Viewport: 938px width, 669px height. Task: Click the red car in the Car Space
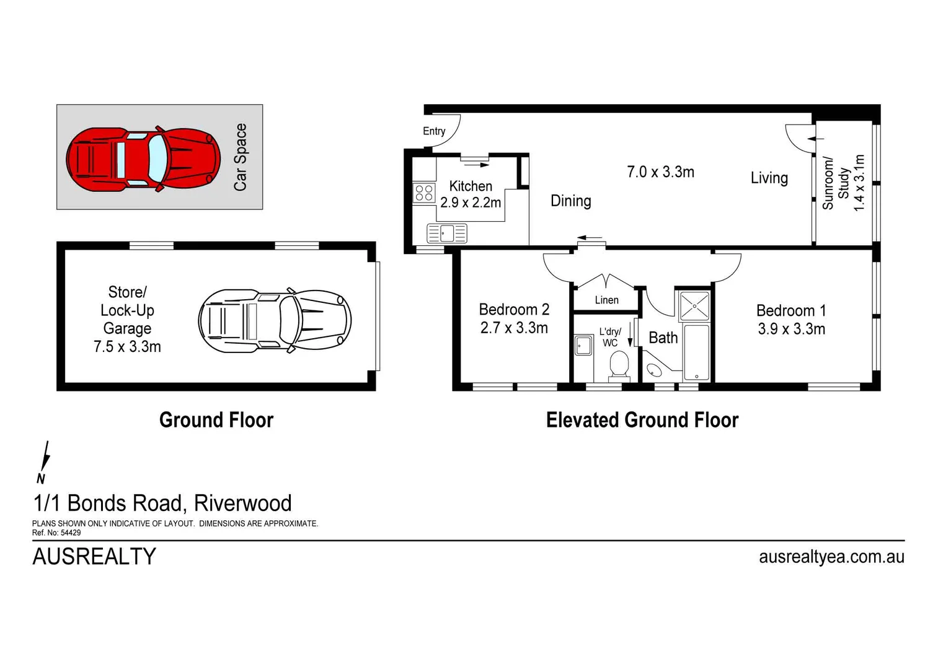[143, 159]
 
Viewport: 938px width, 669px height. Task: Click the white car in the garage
[275, 321]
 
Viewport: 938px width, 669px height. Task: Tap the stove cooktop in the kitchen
[424, 193]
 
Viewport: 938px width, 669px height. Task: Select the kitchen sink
[447, 234]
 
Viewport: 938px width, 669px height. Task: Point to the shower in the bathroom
[694, 306]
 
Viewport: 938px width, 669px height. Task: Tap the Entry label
[434, 131]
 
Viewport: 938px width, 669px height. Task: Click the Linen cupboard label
[606, 300]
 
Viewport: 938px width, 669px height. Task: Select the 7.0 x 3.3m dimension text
[660, 172]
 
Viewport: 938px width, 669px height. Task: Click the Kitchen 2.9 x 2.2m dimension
[471, 203]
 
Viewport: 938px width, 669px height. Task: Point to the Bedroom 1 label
[790, 310]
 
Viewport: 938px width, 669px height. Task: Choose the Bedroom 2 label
[514, 309]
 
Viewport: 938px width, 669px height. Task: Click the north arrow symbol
[43, 462]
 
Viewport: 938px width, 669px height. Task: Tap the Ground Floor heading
[216, 420]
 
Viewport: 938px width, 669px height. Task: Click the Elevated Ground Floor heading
[642, 420]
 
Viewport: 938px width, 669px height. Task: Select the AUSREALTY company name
[94, 556]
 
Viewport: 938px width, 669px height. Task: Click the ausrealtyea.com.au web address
[831, 556]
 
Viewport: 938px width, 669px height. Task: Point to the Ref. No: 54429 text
[56, 533]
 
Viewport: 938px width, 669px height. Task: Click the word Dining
[570, 201]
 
